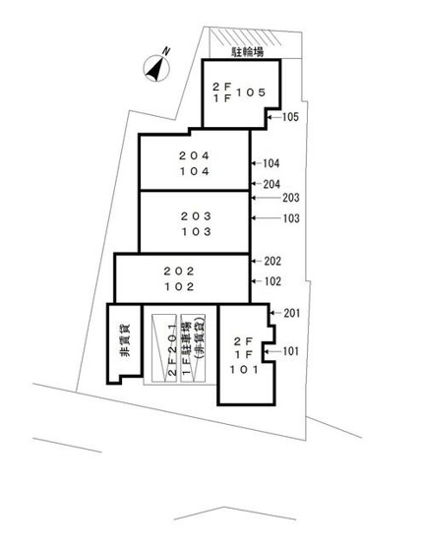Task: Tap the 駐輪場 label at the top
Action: click(x=245, y=48)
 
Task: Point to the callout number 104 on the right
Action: click(x=272, y=163)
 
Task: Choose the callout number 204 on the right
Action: click(x=272, y=184)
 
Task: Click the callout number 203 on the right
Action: click(x=289, y=198)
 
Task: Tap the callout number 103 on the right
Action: click(x=289, y=218)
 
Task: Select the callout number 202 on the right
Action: click(x=272, y=262)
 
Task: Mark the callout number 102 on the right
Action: click(x=272, y=281)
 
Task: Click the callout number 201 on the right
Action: click(x=291, y=314)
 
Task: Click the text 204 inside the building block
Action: click(x=195, y=155)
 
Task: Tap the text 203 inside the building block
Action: click(x=195, y=215)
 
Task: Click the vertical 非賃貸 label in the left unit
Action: click(x=125, y=349)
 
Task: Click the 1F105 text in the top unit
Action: click(x=239, y=93)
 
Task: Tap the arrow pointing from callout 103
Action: click(x=263, y=218)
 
